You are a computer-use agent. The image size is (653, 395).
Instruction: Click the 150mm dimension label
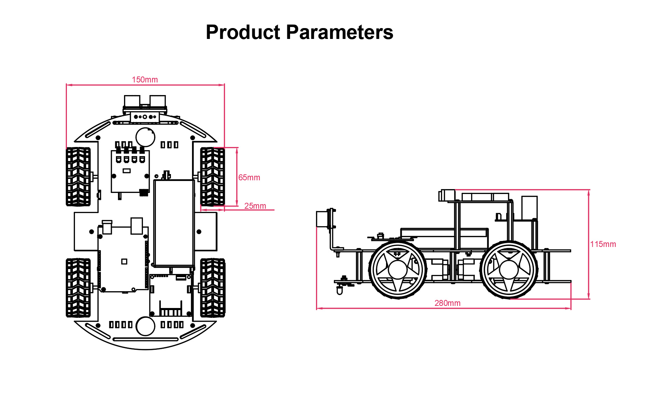click(x=145, y=80)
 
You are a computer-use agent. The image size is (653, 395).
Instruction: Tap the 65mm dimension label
click(x=249, y=178)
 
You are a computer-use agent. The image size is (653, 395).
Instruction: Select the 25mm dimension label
click(x=255, y=206)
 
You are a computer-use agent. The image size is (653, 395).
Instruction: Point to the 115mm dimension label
click(x=603, y=244)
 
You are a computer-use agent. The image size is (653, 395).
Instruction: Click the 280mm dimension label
click(x=447, y=303)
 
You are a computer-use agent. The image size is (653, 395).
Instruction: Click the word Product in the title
click(x=243, y=32)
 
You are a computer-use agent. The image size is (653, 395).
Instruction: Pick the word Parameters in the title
click(x=339, y=32)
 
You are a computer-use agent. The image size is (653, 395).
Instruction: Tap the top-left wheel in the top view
click(x=78, y=176)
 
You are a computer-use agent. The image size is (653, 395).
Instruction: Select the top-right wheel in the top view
click(x=212, y=176)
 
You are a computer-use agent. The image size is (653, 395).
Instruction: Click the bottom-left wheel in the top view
click(x=78, y=288)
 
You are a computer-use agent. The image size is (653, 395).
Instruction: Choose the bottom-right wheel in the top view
click(x=212, y=288)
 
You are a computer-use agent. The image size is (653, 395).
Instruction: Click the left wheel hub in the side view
click(x=398, y=270)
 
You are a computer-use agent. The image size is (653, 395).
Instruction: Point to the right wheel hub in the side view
click(x=509, y=270)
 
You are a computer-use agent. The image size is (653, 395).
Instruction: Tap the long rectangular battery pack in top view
click(x=174, y=223)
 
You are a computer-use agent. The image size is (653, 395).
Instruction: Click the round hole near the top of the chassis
click(x=145, y=137)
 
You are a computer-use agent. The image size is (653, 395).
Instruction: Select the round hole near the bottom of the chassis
click(x=145, y=326)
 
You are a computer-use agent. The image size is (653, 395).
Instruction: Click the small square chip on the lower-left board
click(x=124, y=261)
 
